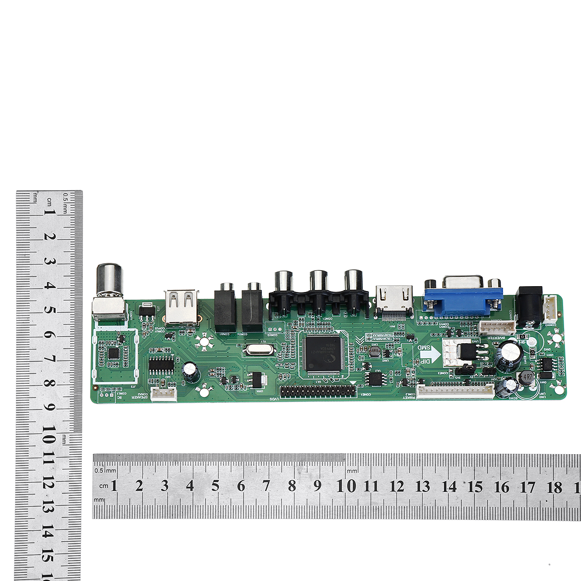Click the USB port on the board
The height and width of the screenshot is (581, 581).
point(182,306)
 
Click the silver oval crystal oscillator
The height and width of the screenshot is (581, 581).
point(257,350)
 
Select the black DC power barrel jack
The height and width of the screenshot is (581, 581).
point(529,305)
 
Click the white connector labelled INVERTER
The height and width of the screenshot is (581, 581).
point(497,328)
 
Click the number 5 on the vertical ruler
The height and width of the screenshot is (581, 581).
point(48,310)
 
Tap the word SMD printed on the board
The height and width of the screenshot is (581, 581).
point(424,347)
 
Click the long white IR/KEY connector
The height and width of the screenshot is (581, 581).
point(455,390)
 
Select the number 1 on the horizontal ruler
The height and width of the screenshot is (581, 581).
point(114,486)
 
